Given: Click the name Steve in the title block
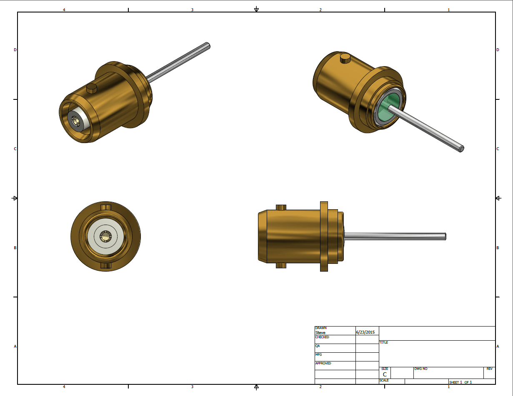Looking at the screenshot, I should [x=320, y=332].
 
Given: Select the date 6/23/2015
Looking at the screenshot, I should [x=365, y=332].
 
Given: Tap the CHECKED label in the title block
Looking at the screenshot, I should [x=322, y=337].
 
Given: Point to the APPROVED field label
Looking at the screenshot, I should [x=323, y=363].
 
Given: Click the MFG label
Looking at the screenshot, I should [x=318, y=354].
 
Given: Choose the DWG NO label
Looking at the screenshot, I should [x=420, y=369].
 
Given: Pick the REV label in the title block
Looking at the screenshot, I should [x=489, y=369].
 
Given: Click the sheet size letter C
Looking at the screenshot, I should [x=385, y=374].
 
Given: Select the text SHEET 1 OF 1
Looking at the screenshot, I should [x=460, y=382].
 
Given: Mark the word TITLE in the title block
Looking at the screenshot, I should [x=383, y=343].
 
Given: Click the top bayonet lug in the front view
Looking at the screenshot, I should [x=106, y=207].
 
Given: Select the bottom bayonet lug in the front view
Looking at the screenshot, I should [x=106, y=265].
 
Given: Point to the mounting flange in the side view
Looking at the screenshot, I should [x=324, y=236].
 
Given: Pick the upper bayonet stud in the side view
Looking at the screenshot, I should [x=281, y=207].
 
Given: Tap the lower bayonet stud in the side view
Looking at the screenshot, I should [x=281, y=265].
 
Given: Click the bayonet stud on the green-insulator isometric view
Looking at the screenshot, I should [x=345, y=58].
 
